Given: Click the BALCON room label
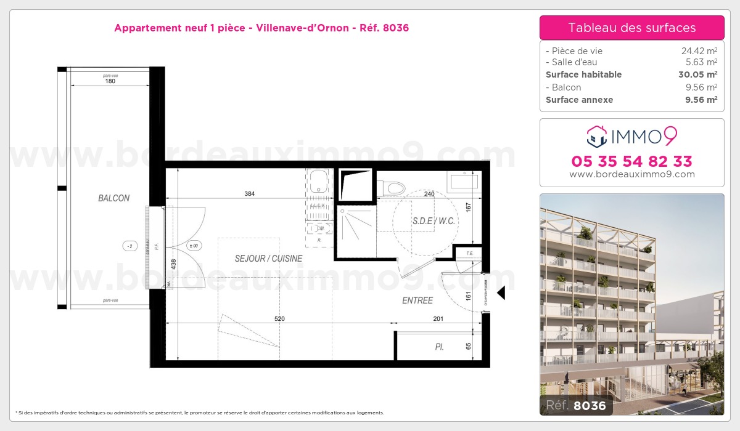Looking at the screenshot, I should (113, 198).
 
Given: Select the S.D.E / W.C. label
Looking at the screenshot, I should (433, 220).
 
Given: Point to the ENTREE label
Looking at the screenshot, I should (417, 300).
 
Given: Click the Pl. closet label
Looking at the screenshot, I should (439, 347).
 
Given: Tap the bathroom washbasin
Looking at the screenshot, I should (464, 181).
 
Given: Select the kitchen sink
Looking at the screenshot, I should (319, 182).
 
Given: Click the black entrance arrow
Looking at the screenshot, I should (501, 293).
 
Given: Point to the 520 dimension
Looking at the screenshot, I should (279, 318).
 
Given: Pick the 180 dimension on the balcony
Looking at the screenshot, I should (110, 81).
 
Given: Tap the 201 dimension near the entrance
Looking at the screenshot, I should (438, 318).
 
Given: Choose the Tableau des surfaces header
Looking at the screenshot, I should (631, 28).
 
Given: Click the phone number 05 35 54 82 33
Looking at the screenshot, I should (631, 161).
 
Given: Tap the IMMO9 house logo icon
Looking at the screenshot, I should (596, 137).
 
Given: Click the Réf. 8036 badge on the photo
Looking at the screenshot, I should (573, 405).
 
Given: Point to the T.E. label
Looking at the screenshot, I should (469, 253).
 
